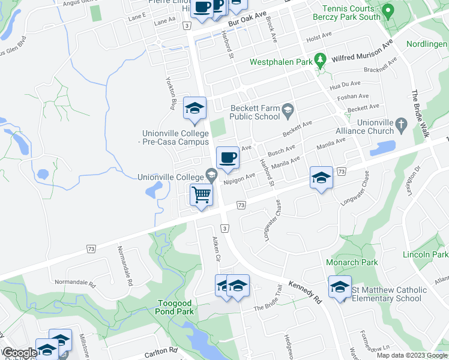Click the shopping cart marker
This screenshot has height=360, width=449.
coord(202,195)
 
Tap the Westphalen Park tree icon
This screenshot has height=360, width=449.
coord(321,61)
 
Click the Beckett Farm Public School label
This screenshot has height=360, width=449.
coord(255,112)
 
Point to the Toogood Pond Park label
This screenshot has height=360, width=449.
coord(175,307)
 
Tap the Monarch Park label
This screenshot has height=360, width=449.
coord(352,262)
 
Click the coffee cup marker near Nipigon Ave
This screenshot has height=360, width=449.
coord(227,158)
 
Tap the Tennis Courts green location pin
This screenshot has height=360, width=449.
coord(388,10)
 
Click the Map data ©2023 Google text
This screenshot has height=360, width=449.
coord(412,355)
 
